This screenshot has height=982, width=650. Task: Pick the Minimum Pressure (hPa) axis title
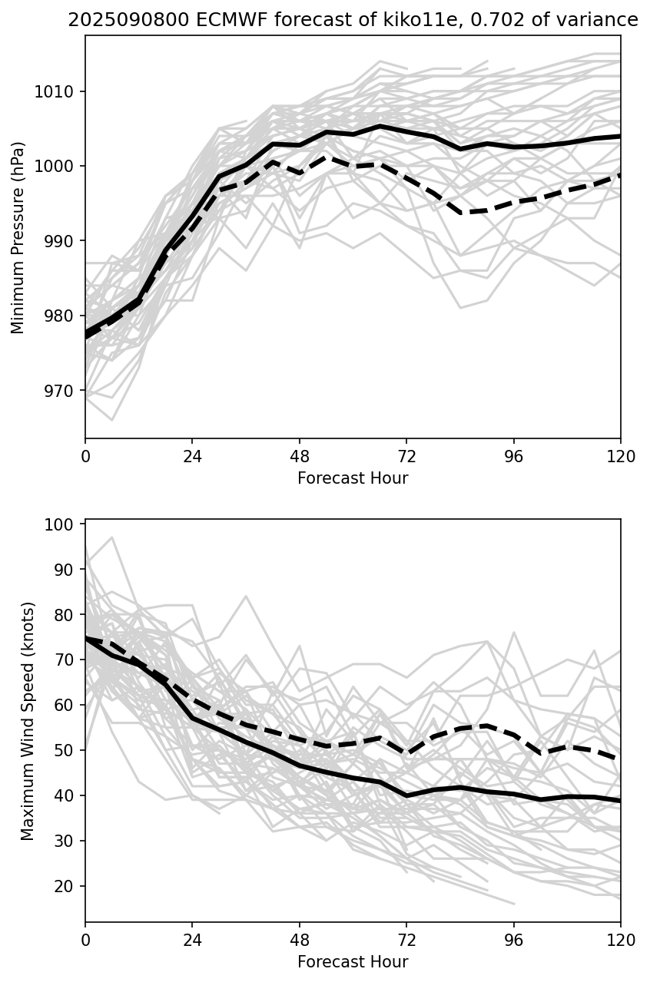pyautogui.click(x=18, y=237)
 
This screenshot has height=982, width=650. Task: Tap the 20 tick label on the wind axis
pyautogui.click(x=68, y=886)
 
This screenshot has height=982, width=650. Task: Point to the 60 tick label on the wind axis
pyautogui.click(x=68, y=706)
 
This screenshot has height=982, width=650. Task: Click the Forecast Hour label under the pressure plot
pyautogui.click(x=353, y=479)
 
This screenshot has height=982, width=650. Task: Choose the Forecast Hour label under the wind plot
pyautogui.click(x=353, y=962)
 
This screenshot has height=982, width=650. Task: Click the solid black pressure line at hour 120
pyautogui.click(x=618, y=136)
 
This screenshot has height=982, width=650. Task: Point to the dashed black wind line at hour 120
pyautogui.click(x=618, y=759)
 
